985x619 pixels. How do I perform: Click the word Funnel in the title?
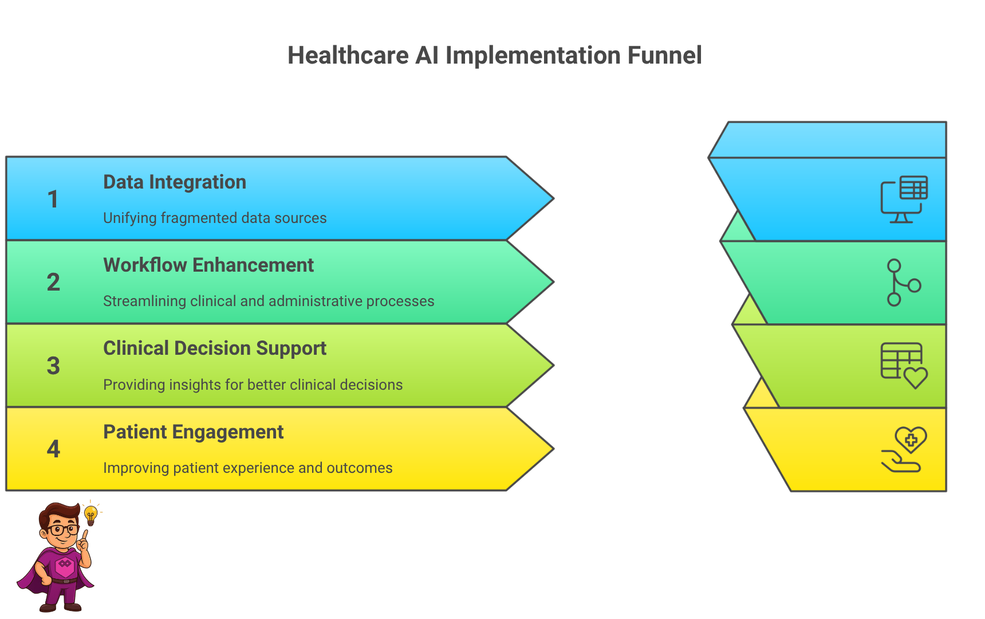[664, 56]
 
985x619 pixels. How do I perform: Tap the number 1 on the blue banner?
[53, 199]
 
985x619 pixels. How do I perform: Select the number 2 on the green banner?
[53, 282]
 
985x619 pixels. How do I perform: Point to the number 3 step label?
[53, 366]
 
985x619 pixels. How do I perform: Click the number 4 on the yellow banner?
[53, 449]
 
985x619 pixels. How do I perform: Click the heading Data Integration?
[175, 182]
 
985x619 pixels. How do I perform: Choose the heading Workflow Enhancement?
[208, 265]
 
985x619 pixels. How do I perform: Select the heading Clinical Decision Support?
[215, 348]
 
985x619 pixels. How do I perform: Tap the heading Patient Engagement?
[193, 432]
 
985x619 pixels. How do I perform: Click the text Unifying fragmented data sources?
[215, 218]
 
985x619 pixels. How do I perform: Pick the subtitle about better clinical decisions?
[253, 385]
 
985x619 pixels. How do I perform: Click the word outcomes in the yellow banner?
[359, 468]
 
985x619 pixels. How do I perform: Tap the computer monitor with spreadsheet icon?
[904, 199]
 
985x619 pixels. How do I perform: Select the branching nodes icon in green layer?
[903, 283]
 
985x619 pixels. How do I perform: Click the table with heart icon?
[904, 366]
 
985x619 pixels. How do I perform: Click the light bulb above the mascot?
[90, 514]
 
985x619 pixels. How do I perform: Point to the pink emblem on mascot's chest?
[65, 565]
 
